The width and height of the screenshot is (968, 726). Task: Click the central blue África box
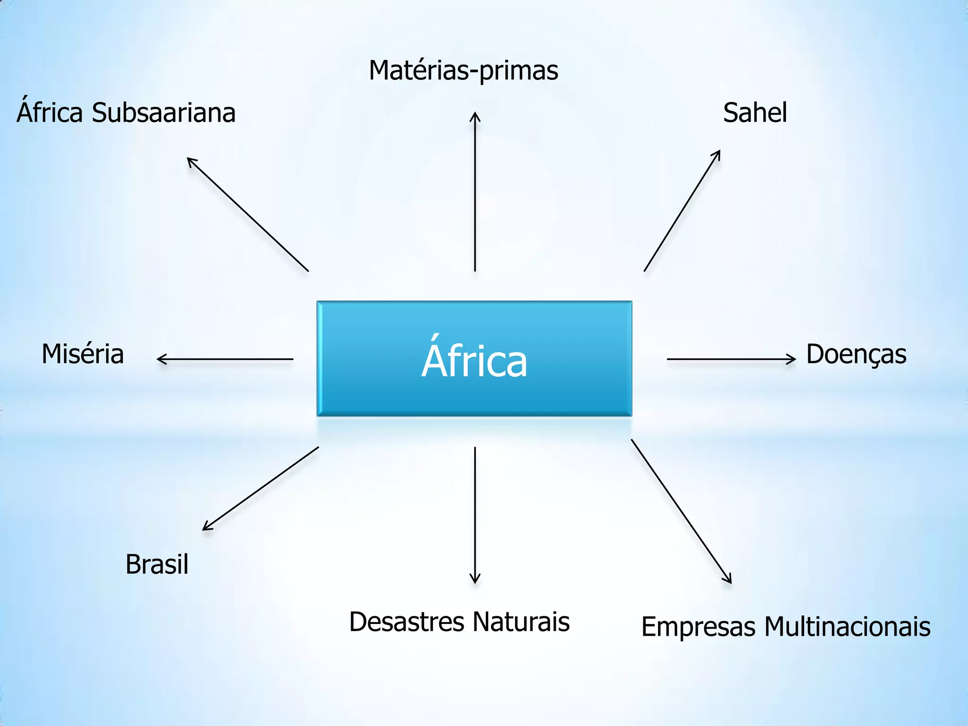click(x=474, y=359)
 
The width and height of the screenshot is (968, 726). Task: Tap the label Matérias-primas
click(x=463, y=70)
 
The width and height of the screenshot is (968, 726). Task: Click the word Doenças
click(x=856, y=354)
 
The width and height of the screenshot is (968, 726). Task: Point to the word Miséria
click(x=83, y=354)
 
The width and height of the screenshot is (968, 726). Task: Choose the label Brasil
click(x=157, y=564)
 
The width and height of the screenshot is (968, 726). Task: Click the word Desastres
click(x=406, y=622)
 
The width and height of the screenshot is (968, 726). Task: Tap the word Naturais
click(x=521, y=622)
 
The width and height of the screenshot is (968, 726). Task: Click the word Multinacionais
click(x=847, y=627)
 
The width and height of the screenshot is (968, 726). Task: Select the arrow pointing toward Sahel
click(x=682, y=210)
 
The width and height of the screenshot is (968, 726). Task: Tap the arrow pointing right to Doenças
click(x=731, y=359)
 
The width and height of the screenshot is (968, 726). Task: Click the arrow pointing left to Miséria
click(x=225, y=359)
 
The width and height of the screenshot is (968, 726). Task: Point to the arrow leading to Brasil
click(x=260, y=489)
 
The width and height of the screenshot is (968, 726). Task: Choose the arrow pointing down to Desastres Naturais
click(x=475, y=515)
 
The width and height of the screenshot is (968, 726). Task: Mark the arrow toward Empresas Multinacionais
click(x=681, y=511)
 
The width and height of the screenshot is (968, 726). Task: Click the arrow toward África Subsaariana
click(x=248, y=214)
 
